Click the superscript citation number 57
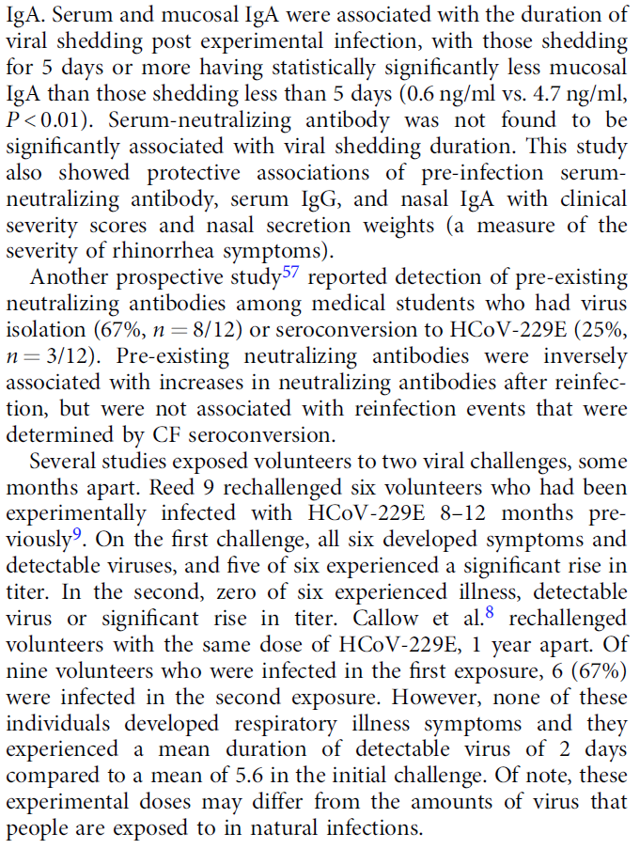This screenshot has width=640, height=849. pyautogui.click(x=296, y=272)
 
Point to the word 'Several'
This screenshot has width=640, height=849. pyautogui.click(x=65, y=463)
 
